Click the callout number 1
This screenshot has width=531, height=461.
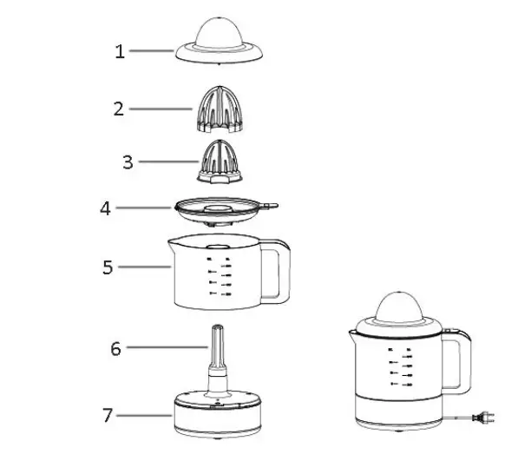[x=120, y=51]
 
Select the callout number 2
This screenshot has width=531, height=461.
[x=119, y=109]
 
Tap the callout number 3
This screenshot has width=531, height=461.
[x=128, y=162]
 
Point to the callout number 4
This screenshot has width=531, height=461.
[x=105, y=209]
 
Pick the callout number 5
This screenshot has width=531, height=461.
[x=108, y=267]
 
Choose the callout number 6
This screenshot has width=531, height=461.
[x=115, y=349]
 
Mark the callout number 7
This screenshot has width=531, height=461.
[x=108, y=415]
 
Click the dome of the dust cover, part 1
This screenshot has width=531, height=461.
[x=220, y=30]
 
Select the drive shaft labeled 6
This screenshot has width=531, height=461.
[x=217, y=352]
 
